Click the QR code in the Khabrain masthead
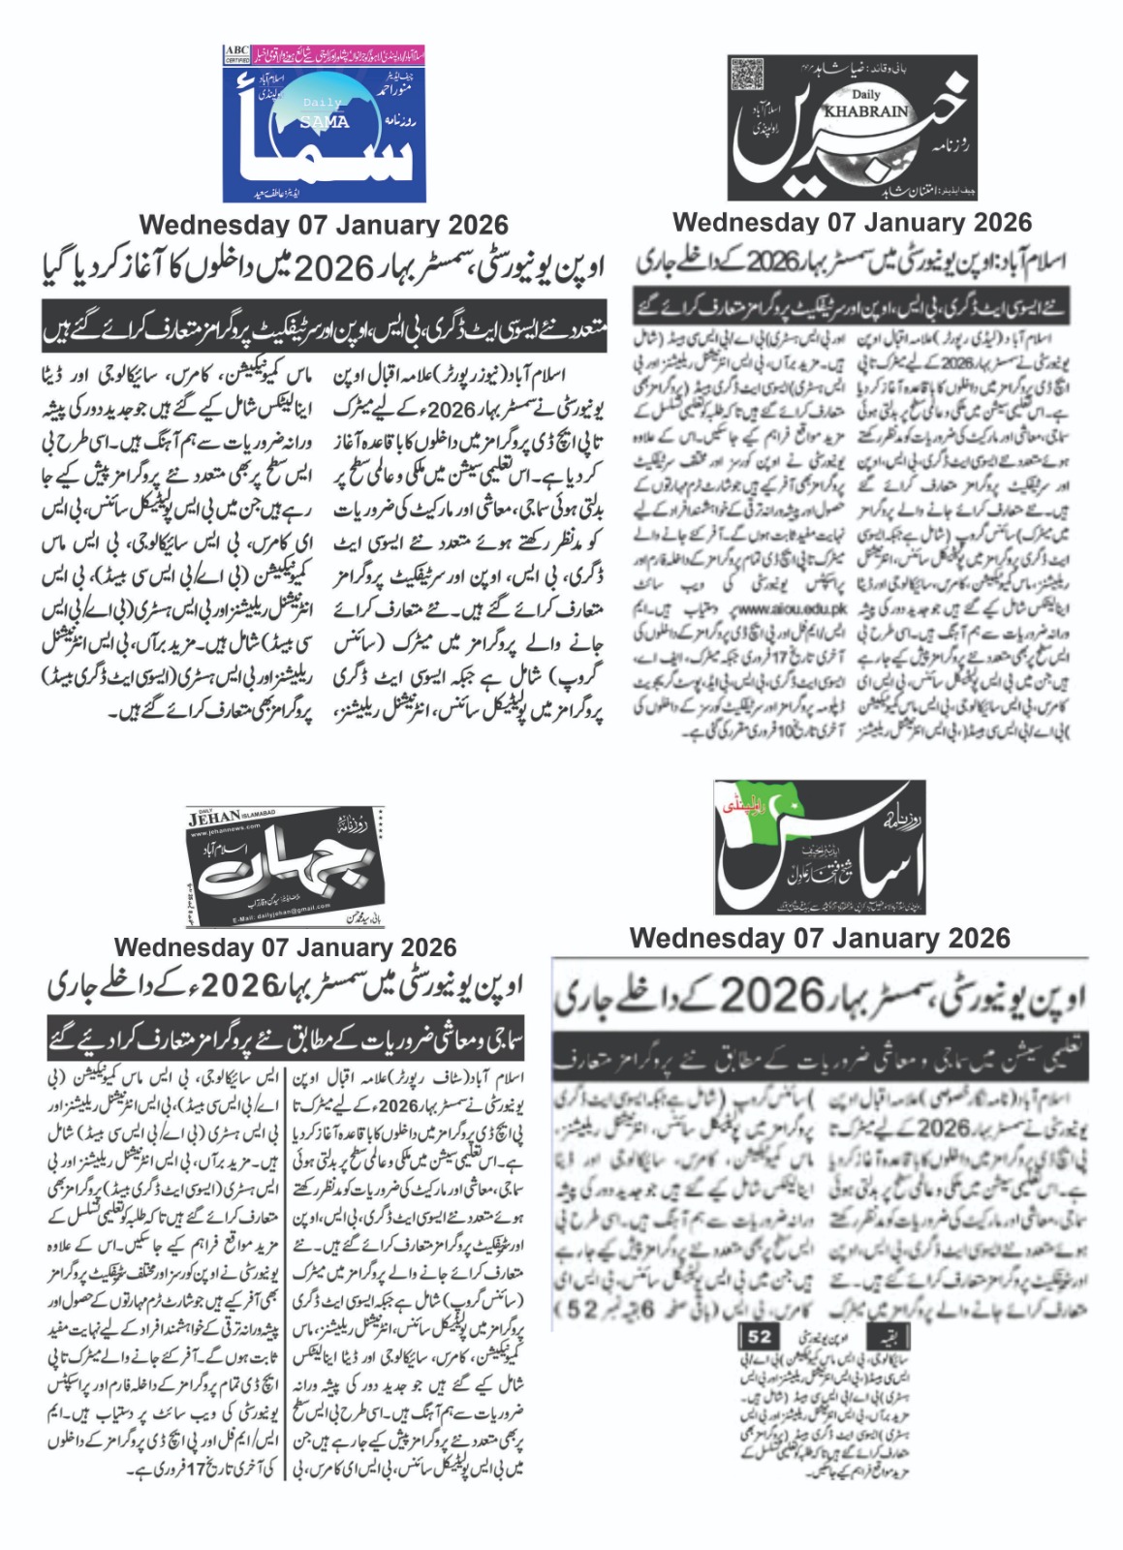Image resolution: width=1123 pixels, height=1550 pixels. tap(748, 76)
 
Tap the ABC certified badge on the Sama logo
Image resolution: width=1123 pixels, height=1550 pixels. tap(236, 53)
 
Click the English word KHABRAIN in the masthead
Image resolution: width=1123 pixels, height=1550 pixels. tap(865, 110)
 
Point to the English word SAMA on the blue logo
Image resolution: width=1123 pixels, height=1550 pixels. tap(325, 122)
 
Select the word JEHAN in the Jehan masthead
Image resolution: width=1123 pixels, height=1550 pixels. tap(214, 819)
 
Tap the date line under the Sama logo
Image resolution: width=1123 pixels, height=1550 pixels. tap(324, 225)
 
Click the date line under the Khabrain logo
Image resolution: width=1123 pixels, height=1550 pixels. tap(852, 222)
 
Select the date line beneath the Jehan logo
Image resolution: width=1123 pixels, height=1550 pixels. tap(285, 946)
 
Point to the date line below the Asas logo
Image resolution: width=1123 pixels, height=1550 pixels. tap(820, 938)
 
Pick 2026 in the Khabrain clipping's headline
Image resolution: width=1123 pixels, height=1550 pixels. tap(771, 262)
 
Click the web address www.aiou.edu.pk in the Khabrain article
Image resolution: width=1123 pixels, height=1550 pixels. tap(792, 608)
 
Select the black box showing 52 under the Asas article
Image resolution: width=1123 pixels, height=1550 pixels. tap(759, 1337)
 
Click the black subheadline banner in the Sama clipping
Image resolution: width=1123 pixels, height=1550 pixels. tap(324, 326)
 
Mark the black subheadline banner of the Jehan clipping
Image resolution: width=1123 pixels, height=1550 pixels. tap(286, 1039)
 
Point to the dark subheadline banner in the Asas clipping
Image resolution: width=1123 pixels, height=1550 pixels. tap(820, 1054)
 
